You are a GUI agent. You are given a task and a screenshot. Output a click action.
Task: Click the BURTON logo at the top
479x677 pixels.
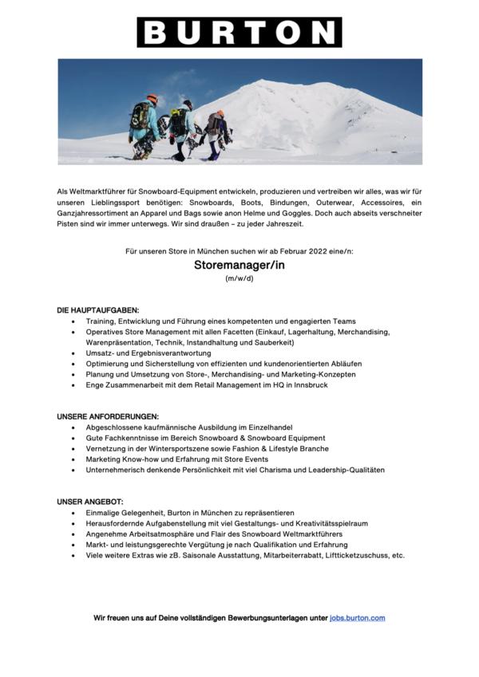click(x=239, y=32)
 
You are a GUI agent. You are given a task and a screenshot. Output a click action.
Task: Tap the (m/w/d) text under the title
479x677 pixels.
click(x=239, y=278)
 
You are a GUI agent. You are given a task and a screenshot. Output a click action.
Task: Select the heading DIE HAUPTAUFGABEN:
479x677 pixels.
click(x=98, y=309)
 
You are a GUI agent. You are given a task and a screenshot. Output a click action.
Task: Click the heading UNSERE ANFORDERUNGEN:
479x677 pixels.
click(x=108, y=416)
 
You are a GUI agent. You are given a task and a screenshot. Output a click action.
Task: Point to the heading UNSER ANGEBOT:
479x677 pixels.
click(x=89, y=502)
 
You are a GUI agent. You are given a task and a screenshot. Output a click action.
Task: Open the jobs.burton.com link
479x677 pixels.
click(x=357, y=618)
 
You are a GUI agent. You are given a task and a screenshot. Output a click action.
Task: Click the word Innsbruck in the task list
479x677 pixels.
click(x=310, y=385)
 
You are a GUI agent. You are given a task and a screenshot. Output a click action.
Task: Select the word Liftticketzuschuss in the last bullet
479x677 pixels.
click(x=347, y=556)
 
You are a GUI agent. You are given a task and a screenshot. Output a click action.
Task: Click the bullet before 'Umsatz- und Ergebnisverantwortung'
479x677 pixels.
click(x=73, y=352)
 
